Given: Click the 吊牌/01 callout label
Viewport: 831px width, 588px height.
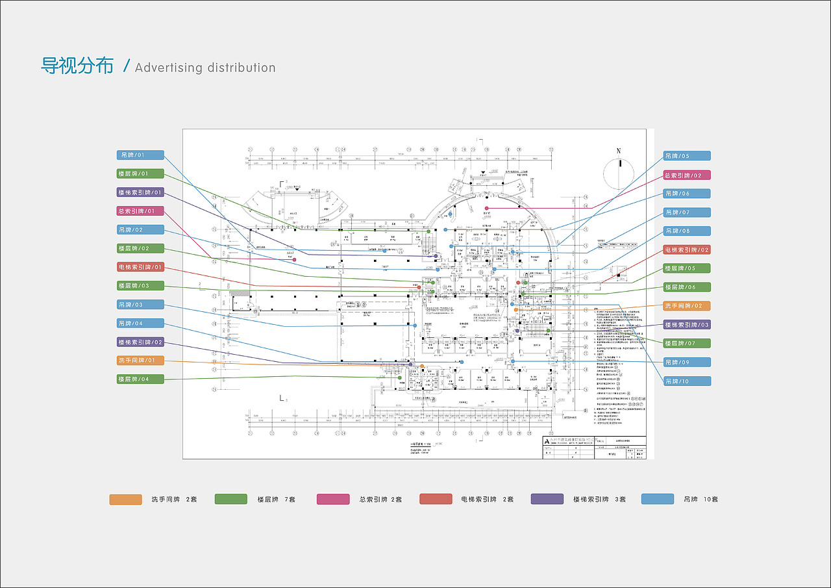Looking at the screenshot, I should pos(140,155).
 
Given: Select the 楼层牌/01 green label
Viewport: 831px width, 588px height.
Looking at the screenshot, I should pos(140,174).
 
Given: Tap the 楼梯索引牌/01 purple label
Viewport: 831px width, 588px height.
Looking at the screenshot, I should pos(140,193).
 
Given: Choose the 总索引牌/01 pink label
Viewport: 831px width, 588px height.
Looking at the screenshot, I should pos(140,211).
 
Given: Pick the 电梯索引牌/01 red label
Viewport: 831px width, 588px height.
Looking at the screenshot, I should pos(140,267).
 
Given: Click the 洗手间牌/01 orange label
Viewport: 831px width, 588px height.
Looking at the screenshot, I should pos(140,361).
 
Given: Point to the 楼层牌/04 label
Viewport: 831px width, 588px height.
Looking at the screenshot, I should pos(140,379).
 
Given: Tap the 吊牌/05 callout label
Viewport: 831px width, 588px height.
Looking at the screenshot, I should pos(687,156).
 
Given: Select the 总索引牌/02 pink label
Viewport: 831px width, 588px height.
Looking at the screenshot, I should pos(687,175).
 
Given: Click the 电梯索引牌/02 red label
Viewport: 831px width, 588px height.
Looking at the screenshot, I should pos(687,249).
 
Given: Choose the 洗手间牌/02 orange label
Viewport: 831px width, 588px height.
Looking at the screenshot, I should pos(687,306).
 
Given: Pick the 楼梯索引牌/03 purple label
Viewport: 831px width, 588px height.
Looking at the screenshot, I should pos(687,325).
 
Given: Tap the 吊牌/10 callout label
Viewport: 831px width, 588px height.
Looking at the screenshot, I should pos(687,381).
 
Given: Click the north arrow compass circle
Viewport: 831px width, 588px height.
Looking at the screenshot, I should pos(619,172).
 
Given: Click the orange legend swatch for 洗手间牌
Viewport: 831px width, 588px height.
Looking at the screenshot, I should pos(125,499).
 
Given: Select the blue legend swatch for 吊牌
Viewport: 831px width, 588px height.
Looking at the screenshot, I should pos(657,499).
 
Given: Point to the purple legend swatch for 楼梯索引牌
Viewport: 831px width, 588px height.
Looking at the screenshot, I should pos(547,499).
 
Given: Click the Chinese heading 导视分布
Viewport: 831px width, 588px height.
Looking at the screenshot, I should pos(77,66).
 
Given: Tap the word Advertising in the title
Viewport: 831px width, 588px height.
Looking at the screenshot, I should pos(169,68).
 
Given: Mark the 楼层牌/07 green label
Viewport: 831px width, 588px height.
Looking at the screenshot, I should pos(687,344).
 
